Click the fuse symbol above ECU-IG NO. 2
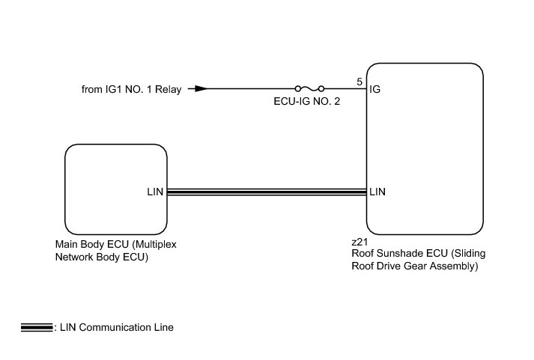(x=309, y=88)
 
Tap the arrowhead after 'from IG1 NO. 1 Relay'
(x=198, y=88)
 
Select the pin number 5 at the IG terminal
(x=359, y=81)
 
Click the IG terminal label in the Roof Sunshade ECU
(x=375, y=90)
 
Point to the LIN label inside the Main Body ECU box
(x=154, y=192)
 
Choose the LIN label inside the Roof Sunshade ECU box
(x=378, y=192)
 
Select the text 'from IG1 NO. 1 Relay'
(x=131, y=90)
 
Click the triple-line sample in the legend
(x=37, y=328)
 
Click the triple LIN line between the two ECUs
(x=266, y=192)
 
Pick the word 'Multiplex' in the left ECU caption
(x=155, y=245)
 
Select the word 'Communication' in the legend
(x=112, y=328)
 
